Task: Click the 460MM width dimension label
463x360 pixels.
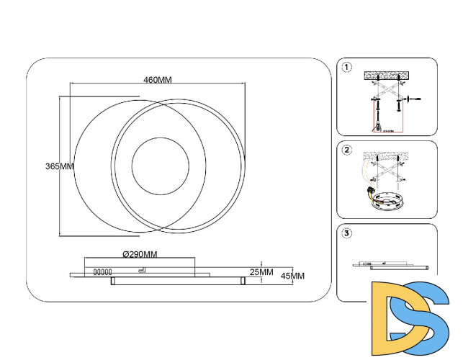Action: click(157, 79)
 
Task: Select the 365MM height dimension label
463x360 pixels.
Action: click(60, 166)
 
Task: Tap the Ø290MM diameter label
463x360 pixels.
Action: click(140, 254)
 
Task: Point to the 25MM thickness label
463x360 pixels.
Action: click(261, 272)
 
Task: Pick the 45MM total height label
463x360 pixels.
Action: click(292, 276)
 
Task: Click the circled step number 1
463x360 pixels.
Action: click(347, 68)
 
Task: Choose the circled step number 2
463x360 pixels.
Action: click(347, 150)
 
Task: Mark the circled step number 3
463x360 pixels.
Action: click(347, 233)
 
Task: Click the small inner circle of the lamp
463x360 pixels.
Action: click(160, 165)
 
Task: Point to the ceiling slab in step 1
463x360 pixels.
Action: click(387, 74)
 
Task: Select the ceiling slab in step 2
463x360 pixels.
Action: click(387, 156)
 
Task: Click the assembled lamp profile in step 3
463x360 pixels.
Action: click(392, 266)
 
